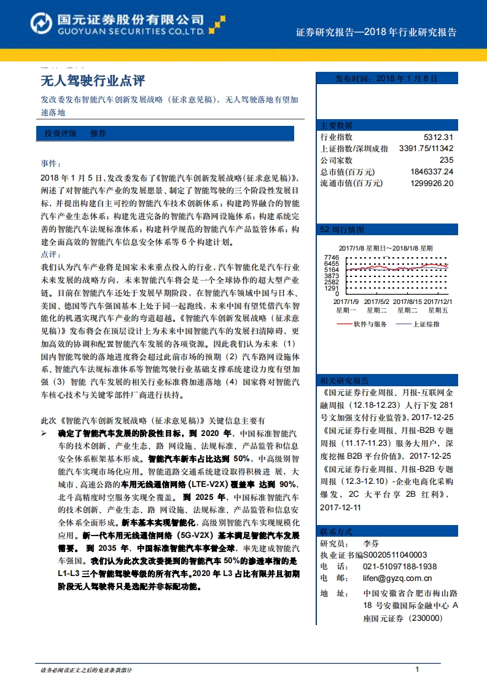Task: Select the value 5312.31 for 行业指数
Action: click(438, 137)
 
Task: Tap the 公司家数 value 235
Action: click(446, 160)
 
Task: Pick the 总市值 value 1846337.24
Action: click(431, 171)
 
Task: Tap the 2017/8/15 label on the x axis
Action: click(407, 302)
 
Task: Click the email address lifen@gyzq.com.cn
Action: click(397, 578)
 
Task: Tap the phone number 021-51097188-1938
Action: click(400, 566)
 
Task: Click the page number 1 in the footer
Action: click(417, 669)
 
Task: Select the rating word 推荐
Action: click(98, 133)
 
